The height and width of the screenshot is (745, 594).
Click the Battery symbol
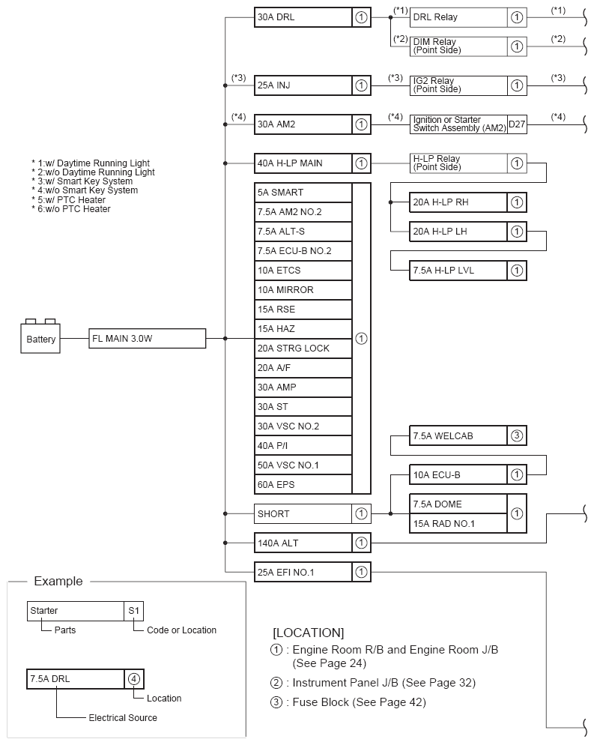[x=41, y=337]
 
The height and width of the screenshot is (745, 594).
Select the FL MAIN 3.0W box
[x=147, y=339]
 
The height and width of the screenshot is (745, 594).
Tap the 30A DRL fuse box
[x=303, y=17]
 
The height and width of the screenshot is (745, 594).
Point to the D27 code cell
[x=517, y=124]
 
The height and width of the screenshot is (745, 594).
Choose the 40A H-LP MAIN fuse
[x=303, y=163]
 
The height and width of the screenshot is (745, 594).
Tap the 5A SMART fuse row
[x=303, y=193]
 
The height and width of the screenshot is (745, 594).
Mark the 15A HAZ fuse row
[x=303, y=329]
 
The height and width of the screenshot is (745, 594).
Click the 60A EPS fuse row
[x=303, y=485]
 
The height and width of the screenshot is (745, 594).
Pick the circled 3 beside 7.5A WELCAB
[x=517, y=435]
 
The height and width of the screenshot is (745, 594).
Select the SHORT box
[x=303, y=514]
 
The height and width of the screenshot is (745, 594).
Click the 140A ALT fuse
[x=303, y=543]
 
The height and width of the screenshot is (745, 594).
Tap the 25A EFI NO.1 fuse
[x=303, y=573]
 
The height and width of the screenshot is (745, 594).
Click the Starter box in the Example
[x=75, y=611]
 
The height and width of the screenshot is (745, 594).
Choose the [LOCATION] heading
[x=308, y=633]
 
